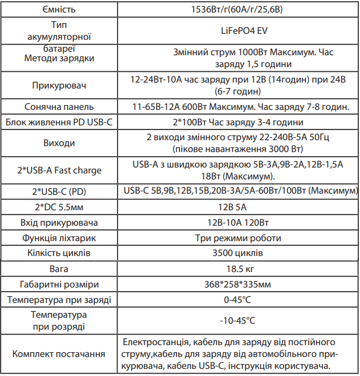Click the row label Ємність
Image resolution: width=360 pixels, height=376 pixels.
coord(59,10)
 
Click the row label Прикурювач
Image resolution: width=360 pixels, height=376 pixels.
coord(59,86)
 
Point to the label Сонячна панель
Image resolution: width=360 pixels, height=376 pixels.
coord(59,108)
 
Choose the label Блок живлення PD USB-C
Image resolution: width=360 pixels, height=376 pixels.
coord(59,122)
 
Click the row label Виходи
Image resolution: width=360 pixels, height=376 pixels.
coord(59,143)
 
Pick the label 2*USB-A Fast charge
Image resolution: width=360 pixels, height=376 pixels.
coord(59,170)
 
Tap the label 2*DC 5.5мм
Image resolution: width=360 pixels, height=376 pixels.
coord(59,207)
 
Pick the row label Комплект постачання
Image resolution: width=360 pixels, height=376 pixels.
coord(59,353)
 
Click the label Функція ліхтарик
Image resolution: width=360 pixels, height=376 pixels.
coord(59,238)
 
